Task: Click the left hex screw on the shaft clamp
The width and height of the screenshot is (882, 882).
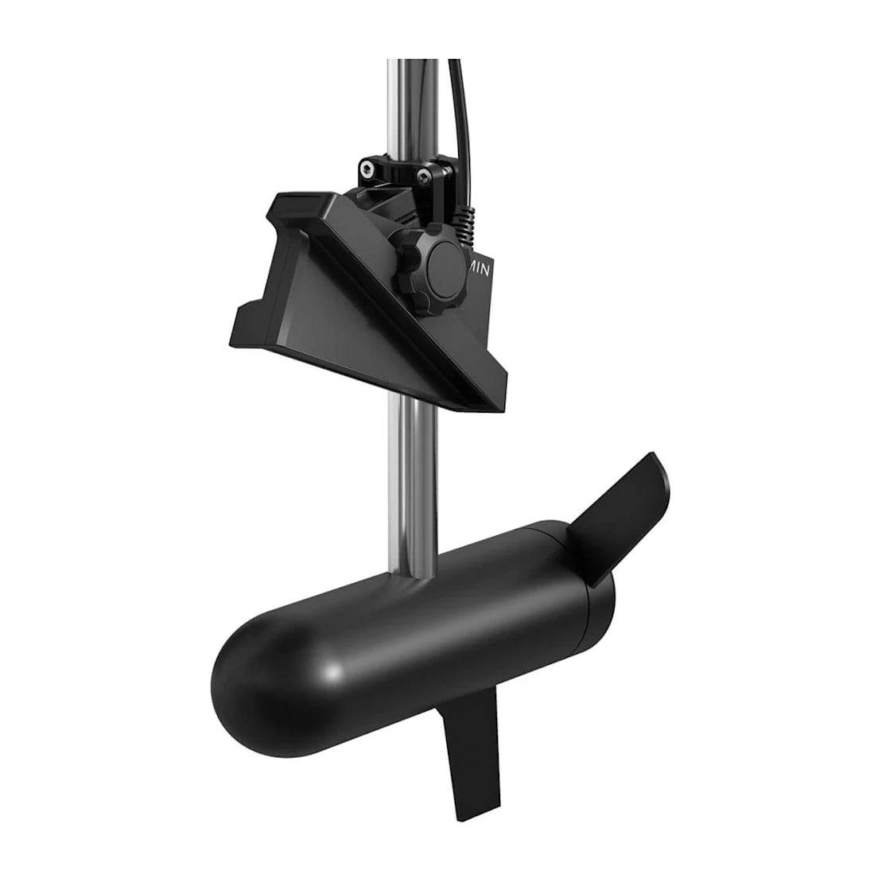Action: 367,168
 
